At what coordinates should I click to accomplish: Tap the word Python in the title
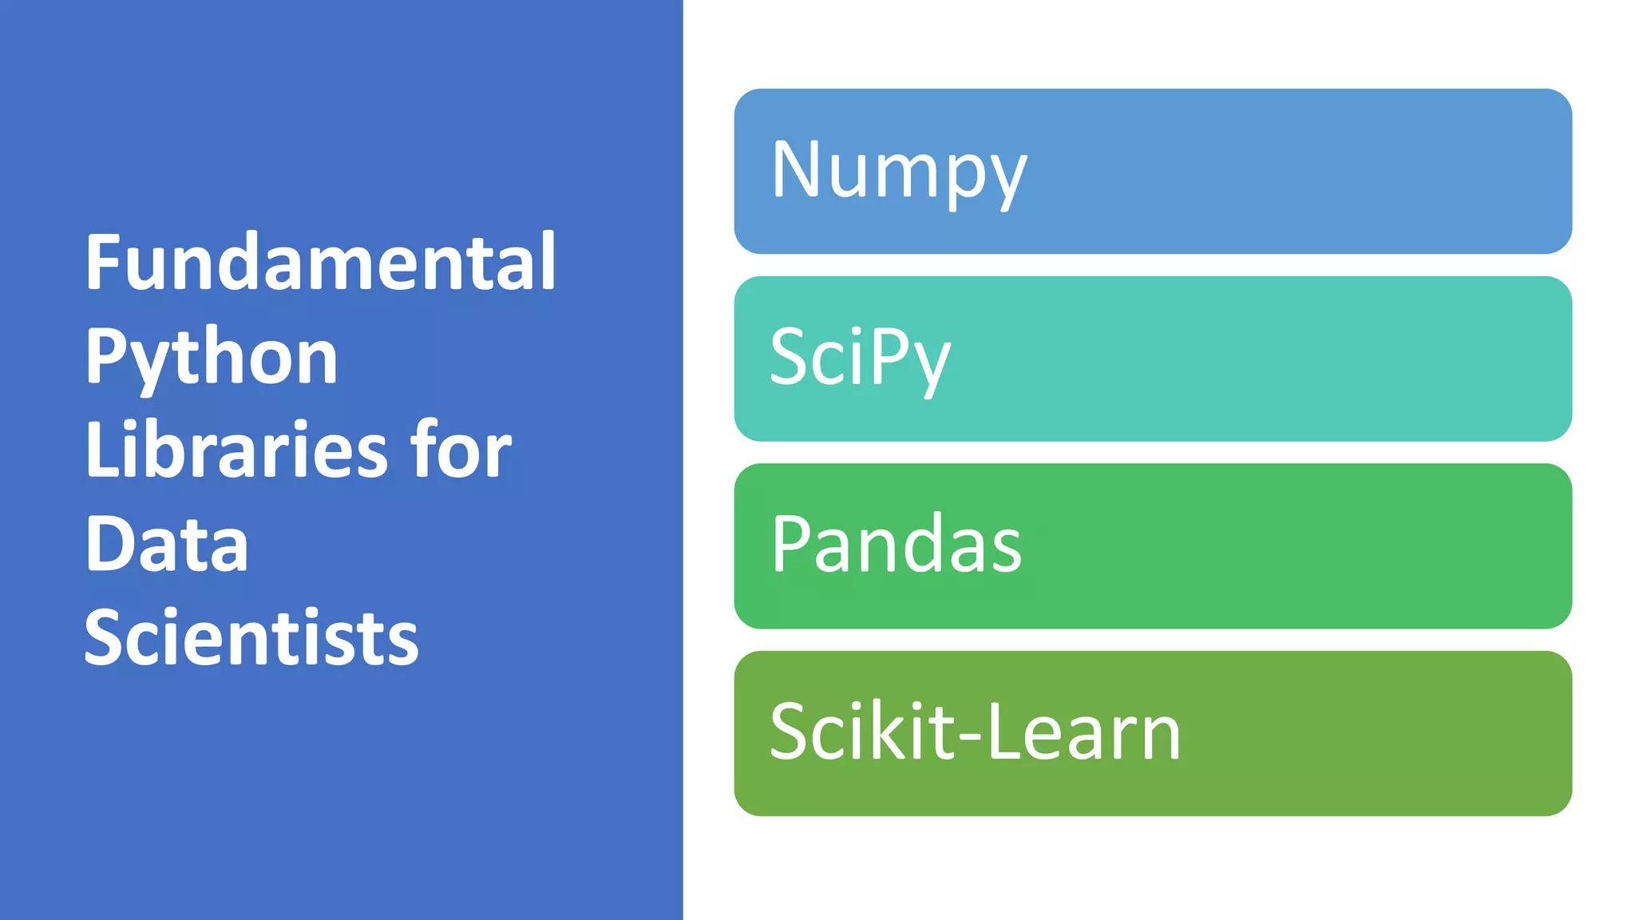212,358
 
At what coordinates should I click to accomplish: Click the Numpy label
899,171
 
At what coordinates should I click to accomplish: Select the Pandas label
896,545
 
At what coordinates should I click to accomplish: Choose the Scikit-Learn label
975,732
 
